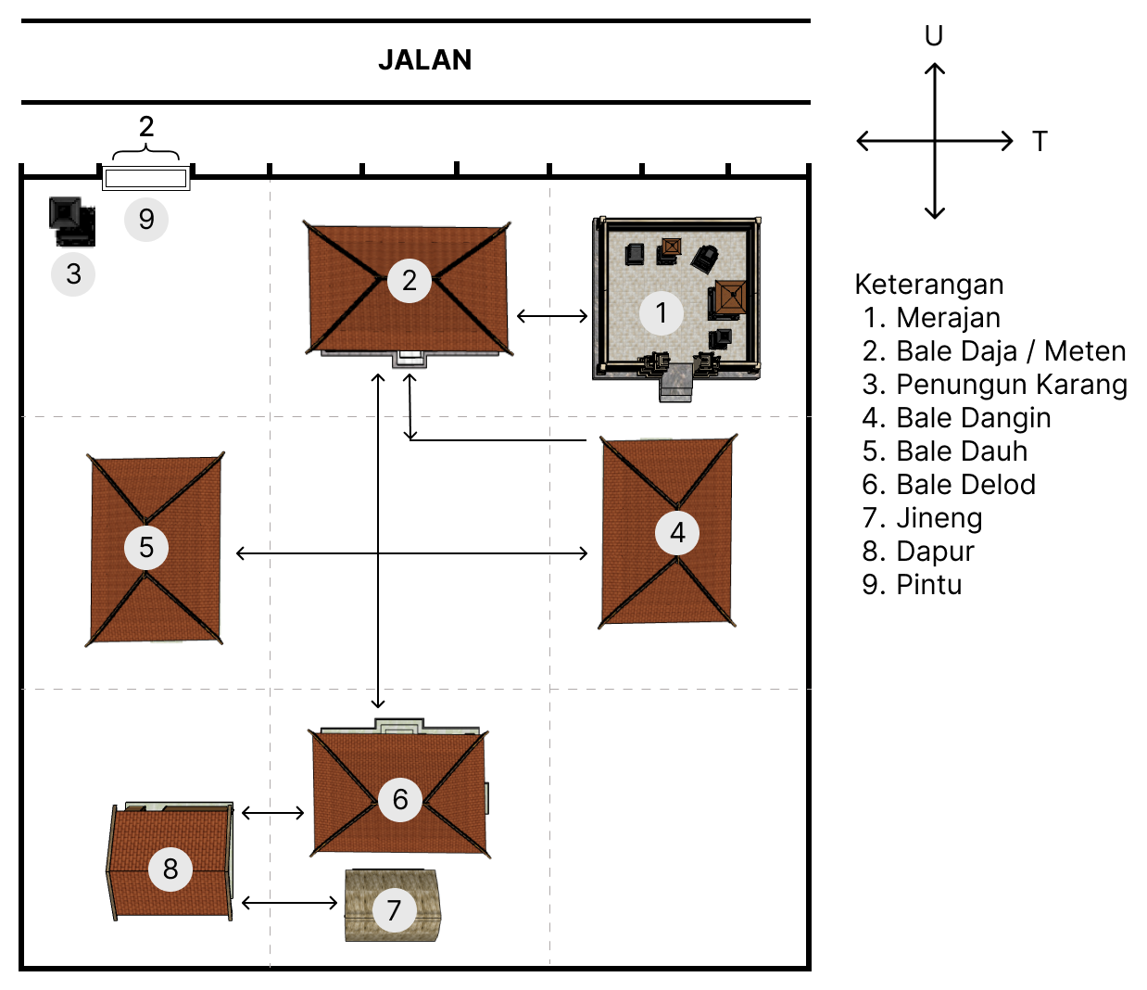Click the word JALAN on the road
coord(424,60)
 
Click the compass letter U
coord(934,36)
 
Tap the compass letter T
coord(1040,142)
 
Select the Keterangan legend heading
coord(928,285)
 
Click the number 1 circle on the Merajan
coord(662,313)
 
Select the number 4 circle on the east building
coord(677,533)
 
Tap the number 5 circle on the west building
coord(146,547)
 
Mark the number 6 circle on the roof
coord(400,799)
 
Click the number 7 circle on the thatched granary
coord(394,910)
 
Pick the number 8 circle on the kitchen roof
coord(170,869)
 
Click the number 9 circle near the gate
coord(146,220)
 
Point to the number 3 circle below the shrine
coord(73,273)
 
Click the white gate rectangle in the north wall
coord(145,178)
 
